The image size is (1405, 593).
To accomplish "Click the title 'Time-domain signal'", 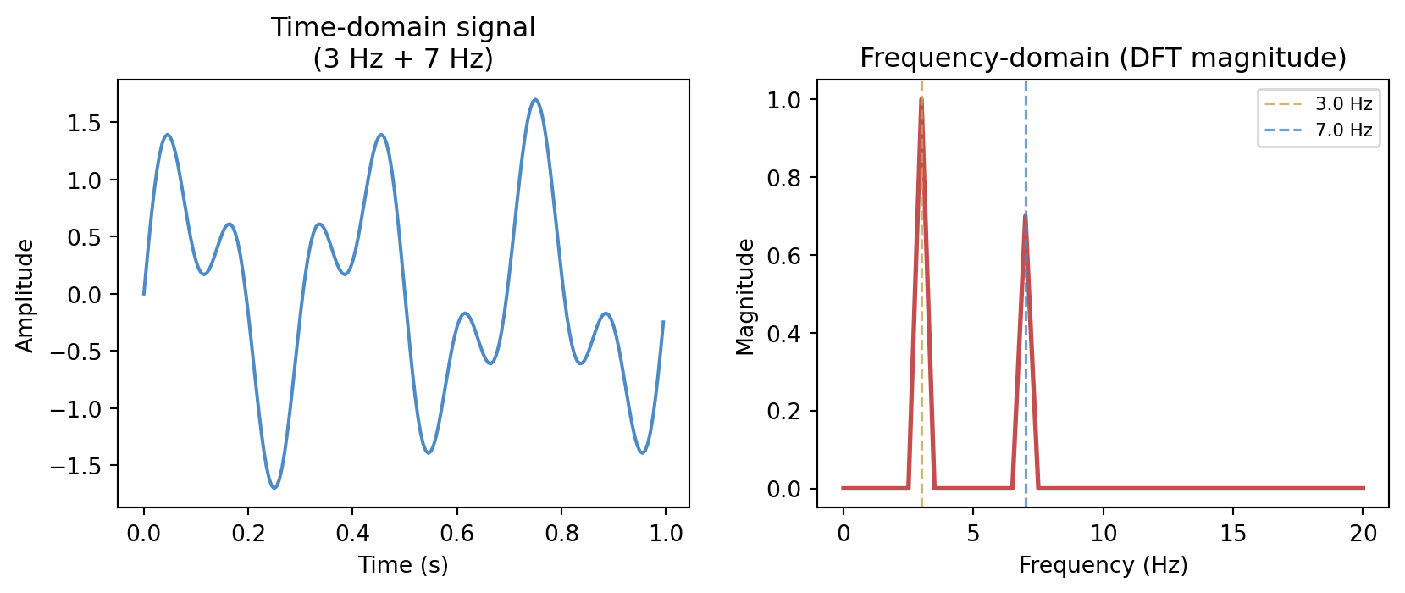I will [x=403, y=28].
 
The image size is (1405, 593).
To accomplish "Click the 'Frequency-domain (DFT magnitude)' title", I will [x=1103, y=58].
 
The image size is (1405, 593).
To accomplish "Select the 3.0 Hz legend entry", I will [x=1343, y=104].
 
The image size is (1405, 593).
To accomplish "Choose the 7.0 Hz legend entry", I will [x=1343, y=130].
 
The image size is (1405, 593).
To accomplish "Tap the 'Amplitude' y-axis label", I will [x=25, y=295].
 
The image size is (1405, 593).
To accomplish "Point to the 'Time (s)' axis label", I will [x=403, y=565].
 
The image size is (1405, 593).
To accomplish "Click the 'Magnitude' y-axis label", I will [x=745, y=296].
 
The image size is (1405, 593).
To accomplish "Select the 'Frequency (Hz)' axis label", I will [x=1103, y=565].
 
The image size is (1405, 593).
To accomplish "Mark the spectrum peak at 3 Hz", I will [x=921, y=100].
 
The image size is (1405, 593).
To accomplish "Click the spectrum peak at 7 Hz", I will [x=1026, y=217].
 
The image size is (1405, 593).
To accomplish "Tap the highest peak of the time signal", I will [x=535, y=100].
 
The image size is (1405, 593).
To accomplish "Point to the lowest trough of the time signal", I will [x=274, y=488].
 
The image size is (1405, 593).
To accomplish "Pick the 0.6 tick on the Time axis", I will [x=457, y=533].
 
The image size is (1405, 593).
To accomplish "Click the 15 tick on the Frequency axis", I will [x=1233, y=533].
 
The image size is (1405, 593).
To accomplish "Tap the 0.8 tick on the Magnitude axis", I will [x=783, y=178].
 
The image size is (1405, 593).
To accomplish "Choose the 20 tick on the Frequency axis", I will [x=1364, y=533].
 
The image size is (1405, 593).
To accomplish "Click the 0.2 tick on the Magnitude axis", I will [x=783, y=412].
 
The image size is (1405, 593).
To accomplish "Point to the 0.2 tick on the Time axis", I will [x=248, y=533].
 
